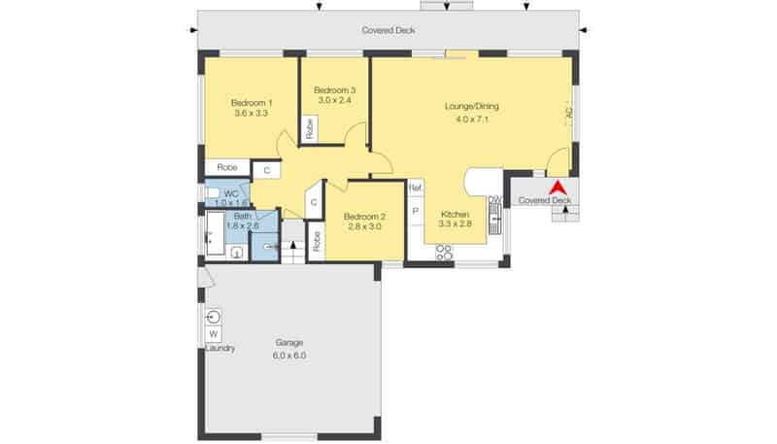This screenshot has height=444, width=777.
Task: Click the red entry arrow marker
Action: point(557,188)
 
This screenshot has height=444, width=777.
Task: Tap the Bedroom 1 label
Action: point(252,103)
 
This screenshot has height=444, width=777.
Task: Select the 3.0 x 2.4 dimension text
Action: point(334,100)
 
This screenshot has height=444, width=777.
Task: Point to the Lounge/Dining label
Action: point(472,106)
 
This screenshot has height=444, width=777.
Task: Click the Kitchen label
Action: point(455,215)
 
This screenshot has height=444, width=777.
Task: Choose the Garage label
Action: point(289,342)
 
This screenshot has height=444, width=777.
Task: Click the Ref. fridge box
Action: point(416,188)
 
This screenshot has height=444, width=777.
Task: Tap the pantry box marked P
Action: point(416,211)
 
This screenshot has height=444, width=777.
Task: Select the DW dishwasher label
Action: point(495,200)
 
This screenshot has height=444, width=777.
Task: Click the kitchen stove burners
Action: point(444,252)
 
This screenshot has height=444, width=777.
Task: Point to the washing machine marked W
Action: point(214,334)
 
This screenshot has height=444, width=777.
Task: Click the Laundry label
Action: point(220,349)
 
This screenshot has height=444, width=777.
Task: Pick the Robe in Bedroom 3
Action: point(310,128)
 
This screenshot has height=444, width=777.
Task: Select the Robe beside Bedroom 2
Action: point(317,241)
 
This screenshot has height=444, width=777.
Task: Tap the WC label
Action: point(231,193)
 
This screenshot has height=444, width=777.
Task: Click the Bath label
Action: point(243,217)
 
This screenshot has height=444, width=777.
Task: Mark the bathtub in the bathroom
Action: point(215,233)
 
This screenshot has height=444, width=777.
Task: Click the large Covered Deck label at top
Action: point(388,30)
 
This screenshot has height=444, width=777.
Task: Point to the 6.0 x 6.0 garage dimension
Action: point(289,356)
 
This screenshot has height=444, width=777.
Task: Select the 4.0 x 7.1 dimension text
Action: point(472,119)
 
